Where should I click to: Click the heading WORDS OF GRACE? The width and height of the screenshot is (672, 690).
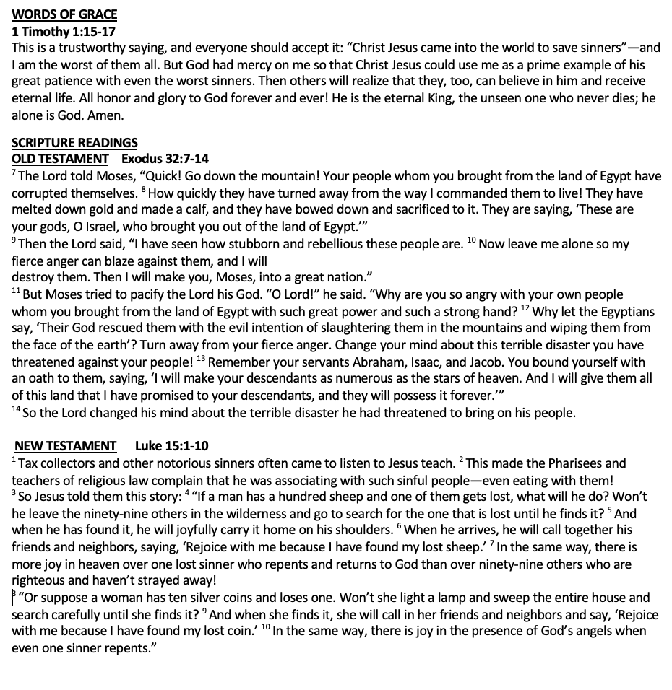[x=64, y=14]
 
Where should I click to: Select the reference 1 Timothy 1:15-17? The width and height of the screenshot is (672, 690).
[x=64, y=32]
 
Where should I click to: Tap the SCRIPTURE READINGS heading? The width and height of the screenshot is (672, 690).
[x=74, y=143]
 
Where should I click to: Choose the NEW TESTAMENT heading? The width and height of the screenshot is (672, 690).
[x=66, y=446]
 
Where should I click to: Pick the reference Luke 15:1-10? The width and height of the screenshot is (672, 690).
[x=171, y=446]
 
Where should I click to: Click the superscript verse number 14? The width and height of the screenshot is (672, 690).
[x=16, y=410]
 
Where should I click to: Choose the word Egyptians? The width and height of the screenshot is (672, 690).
[x=625, y=312]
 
